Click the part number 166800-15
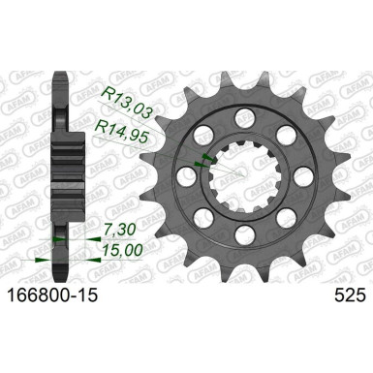49,288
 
